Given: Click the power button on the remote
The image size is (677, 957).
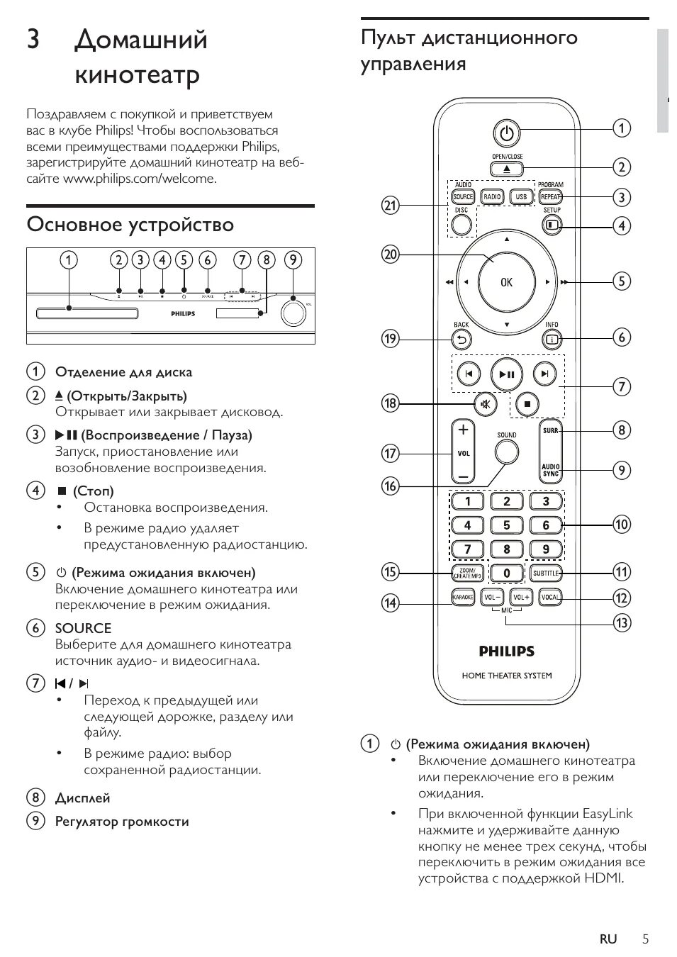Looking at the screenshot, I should pyautogui.click(x=506, y=133).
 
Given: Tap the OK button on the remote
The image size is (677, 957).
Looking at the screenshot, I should pyautogui.click(x=506, y=281).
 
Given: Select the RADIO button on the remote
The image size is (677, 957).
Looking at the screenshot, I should pyautogui.click(x=492, y=197).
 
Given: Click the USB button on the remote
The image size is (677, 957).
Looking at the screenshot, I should pyautogui.click(x=521, y=197).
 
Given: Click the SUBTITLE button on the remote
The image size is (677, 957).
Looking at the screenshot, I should pyautogui.click(x=546, y=573).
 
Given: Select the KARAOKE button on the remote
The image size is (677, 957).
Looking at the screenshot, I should pyautogui.click(x=463, y=598).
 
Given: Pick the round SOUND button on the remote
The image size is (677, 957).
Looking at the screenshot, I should pyautogui.click(x=506, y=451).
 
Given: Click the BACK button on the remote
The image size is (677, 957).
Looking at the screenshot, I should pyautogui.click(x=461, y=340).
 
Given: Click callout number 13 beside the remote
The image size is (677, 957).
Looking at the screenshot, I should pyautogui.click(x=621, y=623).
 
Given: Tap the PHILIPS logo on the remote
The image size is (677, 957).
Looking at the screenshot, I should pyautogui.click(x=506, y=651).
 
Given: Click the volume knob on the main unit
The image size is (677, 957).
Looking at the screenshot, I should pyautogui.click(x=292, y=313).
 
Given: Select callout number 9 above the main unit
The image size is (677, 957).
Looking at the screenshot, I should pyautogui.click(x=293, y=260).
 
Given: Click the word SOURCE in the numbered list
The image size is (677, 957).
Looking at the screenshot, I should pyautogui.click(x=83, y=628).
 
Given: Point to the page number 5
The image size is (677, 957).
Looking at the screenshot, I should pyautogui.click(x=645, y=939).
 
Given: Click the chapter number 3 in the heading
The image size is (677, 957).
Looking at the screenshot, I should pyautogui.click(x=33, y=40).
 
